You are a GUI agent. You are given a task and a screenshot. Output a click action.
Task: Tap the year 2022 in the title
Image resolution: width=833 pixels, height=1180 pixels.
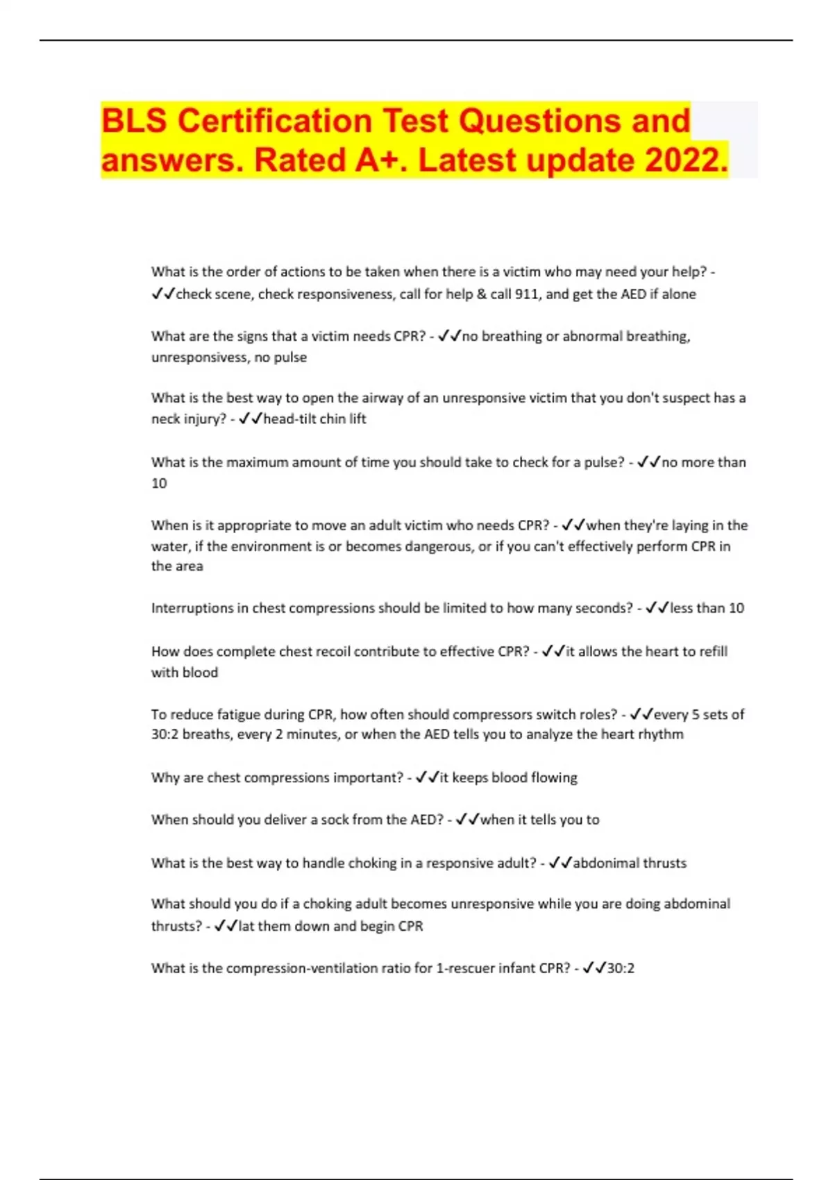[x=682, y=160]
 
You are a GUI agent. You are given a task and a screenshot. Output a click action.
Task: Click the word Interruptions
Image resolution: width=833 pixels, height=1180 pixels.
[x=193, y=609]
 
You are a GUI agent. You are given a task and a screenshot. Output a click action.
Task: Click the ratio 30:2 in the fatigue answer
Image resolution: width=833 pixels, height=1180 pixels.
[x=165, y=734]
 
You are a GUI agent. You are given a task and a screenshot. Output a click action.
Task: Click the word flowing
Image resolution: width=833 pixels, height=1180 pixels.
[x=554, y=778]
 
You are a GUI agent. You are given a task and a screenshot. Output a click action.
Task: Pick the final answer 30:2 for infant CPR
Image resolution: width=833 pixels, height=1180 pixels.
[x=621, y=968]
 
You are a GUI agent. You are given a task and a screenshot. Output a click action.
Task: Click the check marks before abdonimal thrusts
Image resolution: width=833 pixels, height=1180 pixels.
[x=559, y=863]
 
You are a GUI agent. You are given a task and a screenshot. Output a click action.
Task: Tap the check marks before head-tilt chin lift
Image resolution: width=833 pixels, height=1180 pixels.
[x=250, y=419]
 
